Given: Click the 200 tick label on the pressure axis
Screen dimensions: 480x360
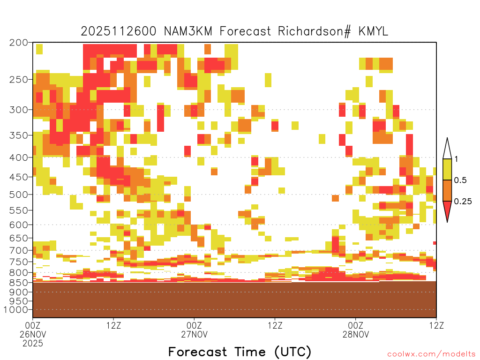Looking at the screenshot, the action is click(x=19, y=43).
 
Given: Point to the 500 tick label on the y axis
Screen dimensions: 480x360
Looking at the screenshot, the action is click(x=19, y=195).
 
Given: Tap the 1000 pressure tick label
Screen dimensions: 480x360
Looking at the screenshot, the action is click(x=16, y=310).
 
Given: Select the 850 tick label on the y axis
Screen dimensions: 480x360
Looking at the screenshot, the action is click(x=19, y=282).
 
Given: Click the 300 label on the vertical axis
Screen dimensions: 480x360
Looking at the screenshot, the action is click(x=19, y=110).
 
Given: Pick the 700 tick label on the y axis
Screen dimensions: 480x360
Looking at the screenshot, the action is click(x=19, y=250).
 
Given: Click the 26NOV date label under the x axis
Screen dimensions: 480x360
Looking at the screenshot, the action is click(x=33, y=334).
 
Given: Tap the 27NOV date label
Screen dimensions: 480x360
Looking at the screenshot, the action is click(x=195, y=334).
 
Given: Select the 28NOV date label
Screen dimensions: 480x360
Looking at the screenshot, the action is click(x=356, y=334).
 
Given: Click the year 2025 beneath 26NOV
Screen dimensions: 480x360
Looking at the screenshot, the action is click(x=33, y=344).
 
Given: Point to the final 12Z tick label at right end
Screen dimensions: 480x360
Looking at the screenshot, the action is click(x=436, y=325).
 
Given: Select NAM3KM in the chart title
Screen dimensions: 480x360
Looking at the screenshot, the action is click(x=188, y=31).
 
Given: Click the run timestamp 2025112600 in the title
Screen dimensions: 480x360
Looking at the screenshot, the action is click(x=119, y=31).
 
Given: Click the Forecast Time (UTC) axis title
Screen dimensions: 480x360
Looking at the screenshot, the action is click(x=240, y=352).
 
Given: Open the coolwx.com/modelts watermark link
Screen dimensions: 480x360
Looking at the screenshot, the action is click(x=432, y=354).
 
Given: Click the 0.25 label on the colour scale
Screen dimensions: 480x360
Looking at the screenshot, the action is click(x=463, y=202).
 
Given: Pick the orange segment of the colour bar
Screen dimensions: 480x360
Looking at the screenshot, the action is click(x=447, y=190).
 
